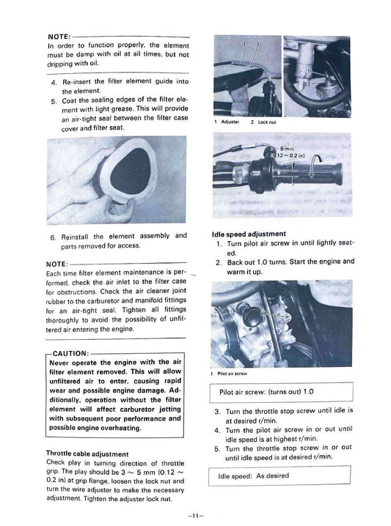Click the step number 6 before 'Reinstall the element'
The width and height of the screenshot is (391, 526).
[x=54, y=236]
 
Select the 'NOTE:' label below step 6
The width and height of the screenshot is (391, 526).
[x=60, y=264]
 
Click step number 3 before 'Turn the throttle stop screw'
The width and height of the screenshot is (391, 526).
[x=218, y=412]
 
